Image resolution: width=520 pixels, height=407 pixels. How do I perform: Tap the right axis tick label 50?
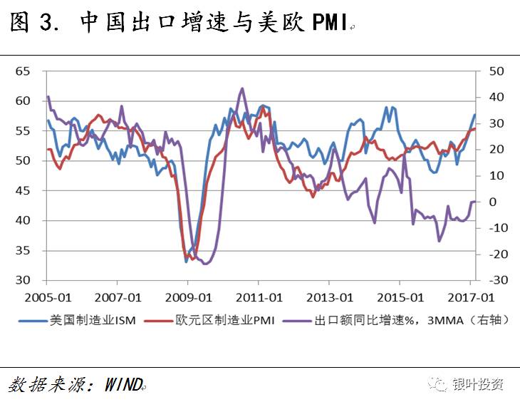(x=496, y=71)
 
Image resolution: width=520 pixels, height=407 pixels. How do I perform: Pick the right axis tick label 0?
(x=492, y=202)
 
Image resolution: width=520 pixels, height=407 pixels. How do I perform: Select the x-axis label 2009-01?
(x=189, y=297)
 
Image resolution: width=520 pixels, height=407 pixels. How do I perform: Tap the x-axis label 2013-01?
(x=331, y=297)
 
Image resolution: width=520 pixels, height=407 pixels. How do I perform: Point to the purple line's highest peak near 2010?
(x=242, y=88)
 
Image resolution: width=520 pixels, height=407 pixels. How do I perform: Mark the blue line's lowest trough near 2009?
(x=187, y=262)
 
